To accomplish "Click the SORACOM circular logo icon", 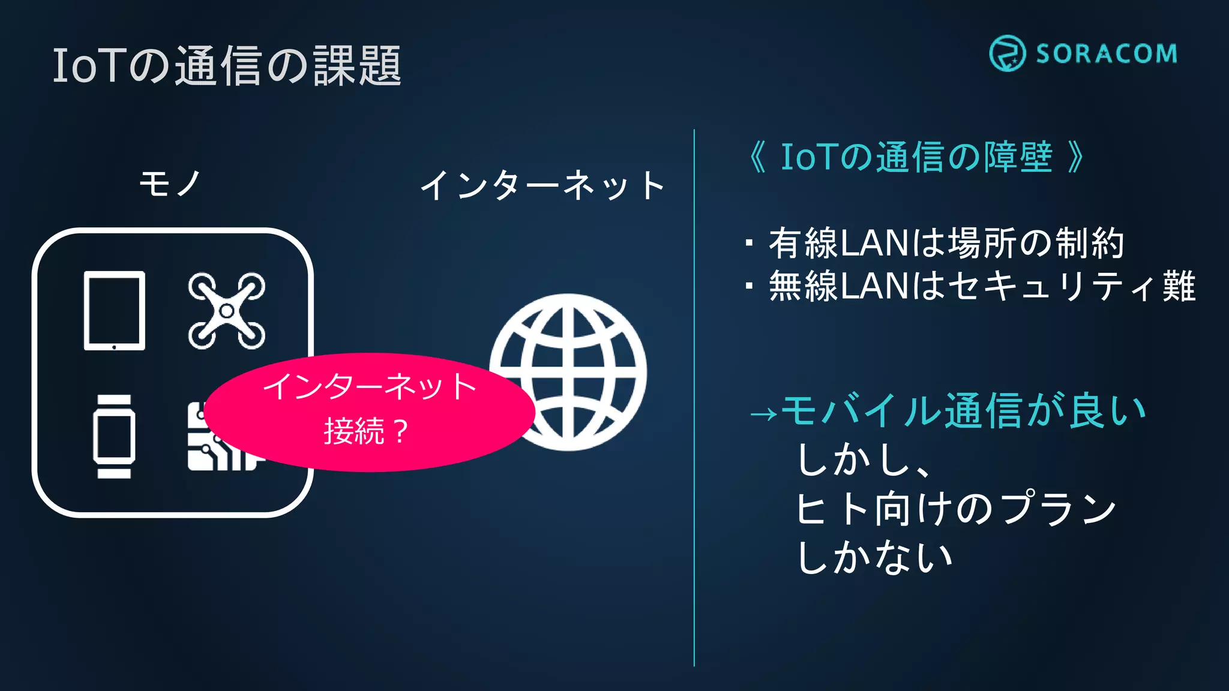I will click(1007, 53).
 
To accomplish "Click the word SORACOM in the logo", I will click(1107, 54).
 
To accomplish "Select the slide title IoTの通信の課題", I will click(227, 65).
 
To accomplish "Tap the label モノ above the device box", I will click(170, 183).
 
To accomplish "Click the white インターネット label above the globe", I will click(542, 185).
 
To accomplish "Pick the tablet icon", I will click(114, 311).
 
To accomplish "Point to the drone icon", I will click(226, 311).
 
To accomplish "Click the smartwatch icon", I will click(114, 436).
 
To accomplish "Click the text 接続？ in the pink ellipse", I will click(367, 431).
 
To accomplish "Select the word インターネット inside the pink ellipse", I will click(370, 387).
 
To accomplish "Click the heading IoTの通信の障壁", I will click(916, 157).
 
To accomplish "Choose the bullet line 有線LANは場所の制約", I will click(946, 243).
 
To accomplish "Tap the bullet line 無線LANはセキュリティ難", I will click(982, 286).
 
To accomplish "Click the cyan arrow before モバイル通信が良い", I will click(763, 413).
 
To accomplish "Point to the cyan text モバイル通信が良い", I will click(964, 411).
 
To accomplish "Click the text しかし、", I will click(864, 461).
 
